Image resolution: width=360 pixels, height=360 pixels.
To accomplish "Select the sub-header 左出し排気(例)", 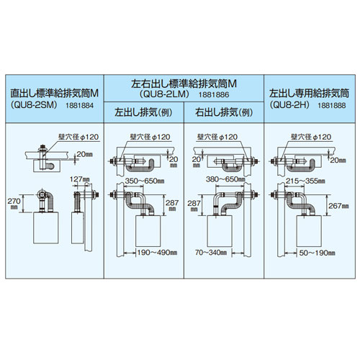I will pyautogui.click(x=146, y=112).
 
